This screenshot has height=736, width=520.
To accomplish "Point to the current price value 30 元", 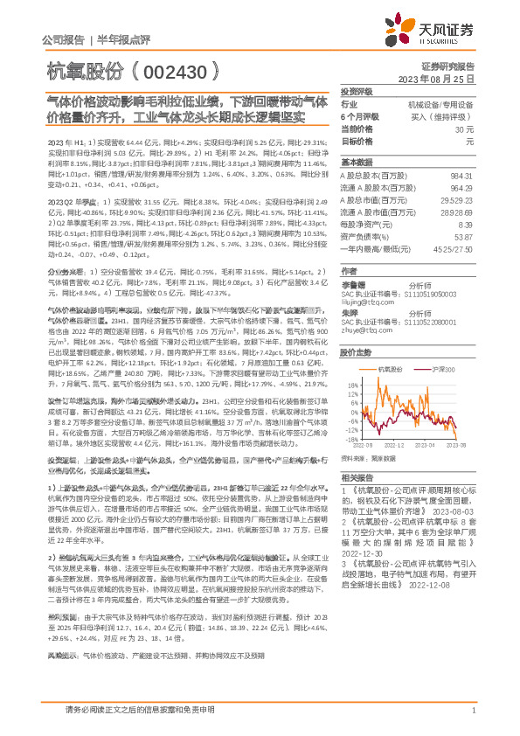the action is point(465,128).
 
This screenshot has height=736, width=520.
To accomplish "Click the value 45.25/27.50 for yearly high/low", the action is point(455,249).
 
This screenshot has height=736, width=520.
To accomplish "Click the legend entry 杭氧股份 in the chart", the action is point(389,371).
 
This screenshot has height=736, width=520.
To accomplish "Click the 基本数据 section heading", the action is point(356,163).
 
